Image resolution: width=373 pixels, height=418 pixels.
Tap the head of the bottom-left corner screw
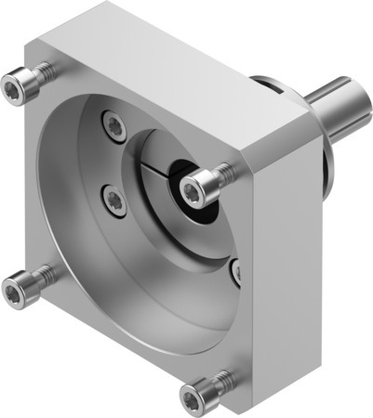[15, 293]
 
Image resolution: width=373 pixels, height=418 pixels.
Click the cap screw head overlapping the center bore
[193, 191]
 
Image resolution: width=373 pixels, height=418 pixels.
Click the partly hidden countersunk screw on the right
[236, 271]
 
